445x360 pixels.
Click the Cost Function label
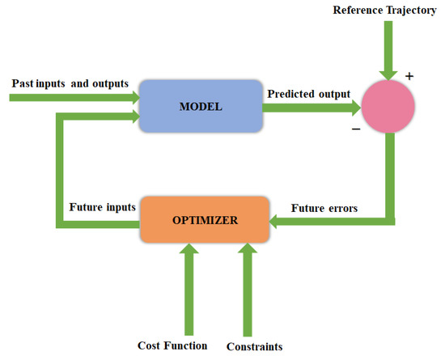pos(172,345)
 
